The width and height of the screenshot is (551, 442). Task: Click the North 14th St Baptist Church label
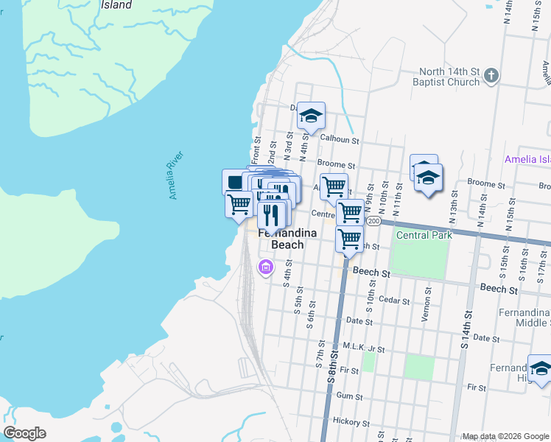click(449, 77)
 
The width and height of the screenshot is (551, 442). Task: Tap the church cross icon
click(492, 74)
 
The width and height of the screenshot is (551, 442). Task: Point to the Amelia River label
click(175, 175)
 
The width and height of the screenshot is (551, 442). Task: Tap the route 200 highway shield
click(374, 221)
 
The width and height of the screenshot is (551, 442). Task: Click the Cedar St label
click(393, 300)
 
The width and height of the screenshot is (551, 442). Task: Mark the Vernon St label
click(426, 298)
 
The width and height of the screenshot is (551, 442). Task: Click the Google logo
click(25, 432)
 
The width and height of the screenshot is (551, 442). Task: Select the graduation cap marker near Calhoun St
click(312, 116)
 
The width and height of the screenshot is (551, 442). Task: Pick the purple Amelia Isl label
click(527, 159)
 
